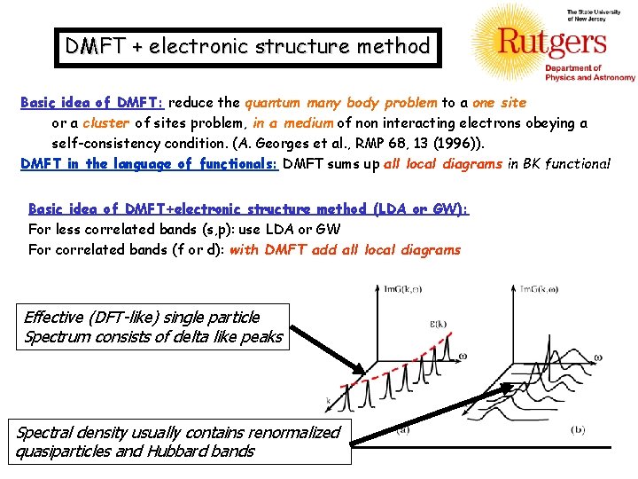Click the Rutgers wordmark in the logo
[x=551, y=43]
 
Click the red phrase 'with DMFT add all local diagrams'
[x=345, y=249]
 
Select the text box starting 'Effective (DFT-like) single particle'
[x=152, y=326]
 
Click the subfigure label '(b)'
[x=578, y=430]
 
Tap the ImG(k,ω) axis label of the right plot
[x=542, y=289]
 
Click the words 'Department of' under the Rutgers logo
[x=572, y=68]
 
